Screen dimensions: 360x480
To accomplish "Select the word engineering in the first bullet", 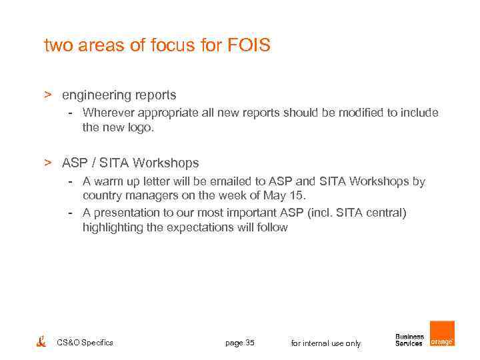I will point(92,95).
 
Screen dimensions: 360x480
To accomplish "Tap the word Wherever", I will point(109,113).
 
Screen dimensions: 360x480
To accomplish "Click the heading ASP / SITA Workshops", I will point(130,163).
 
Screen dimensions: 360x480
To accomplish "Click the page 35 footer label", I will point(240,343).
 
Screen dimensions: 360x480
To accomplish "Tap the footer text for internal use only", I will point(326,343).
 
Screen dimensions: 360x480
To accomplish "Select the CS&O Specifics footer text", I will point(85,343).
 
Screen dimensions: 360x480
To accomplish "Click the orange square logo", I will point(442,334).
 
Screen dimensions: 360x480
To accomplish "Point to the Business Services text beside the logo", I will point(409,340).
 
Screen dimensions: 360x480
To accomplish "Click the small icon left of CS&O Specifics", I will point(41,341).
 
